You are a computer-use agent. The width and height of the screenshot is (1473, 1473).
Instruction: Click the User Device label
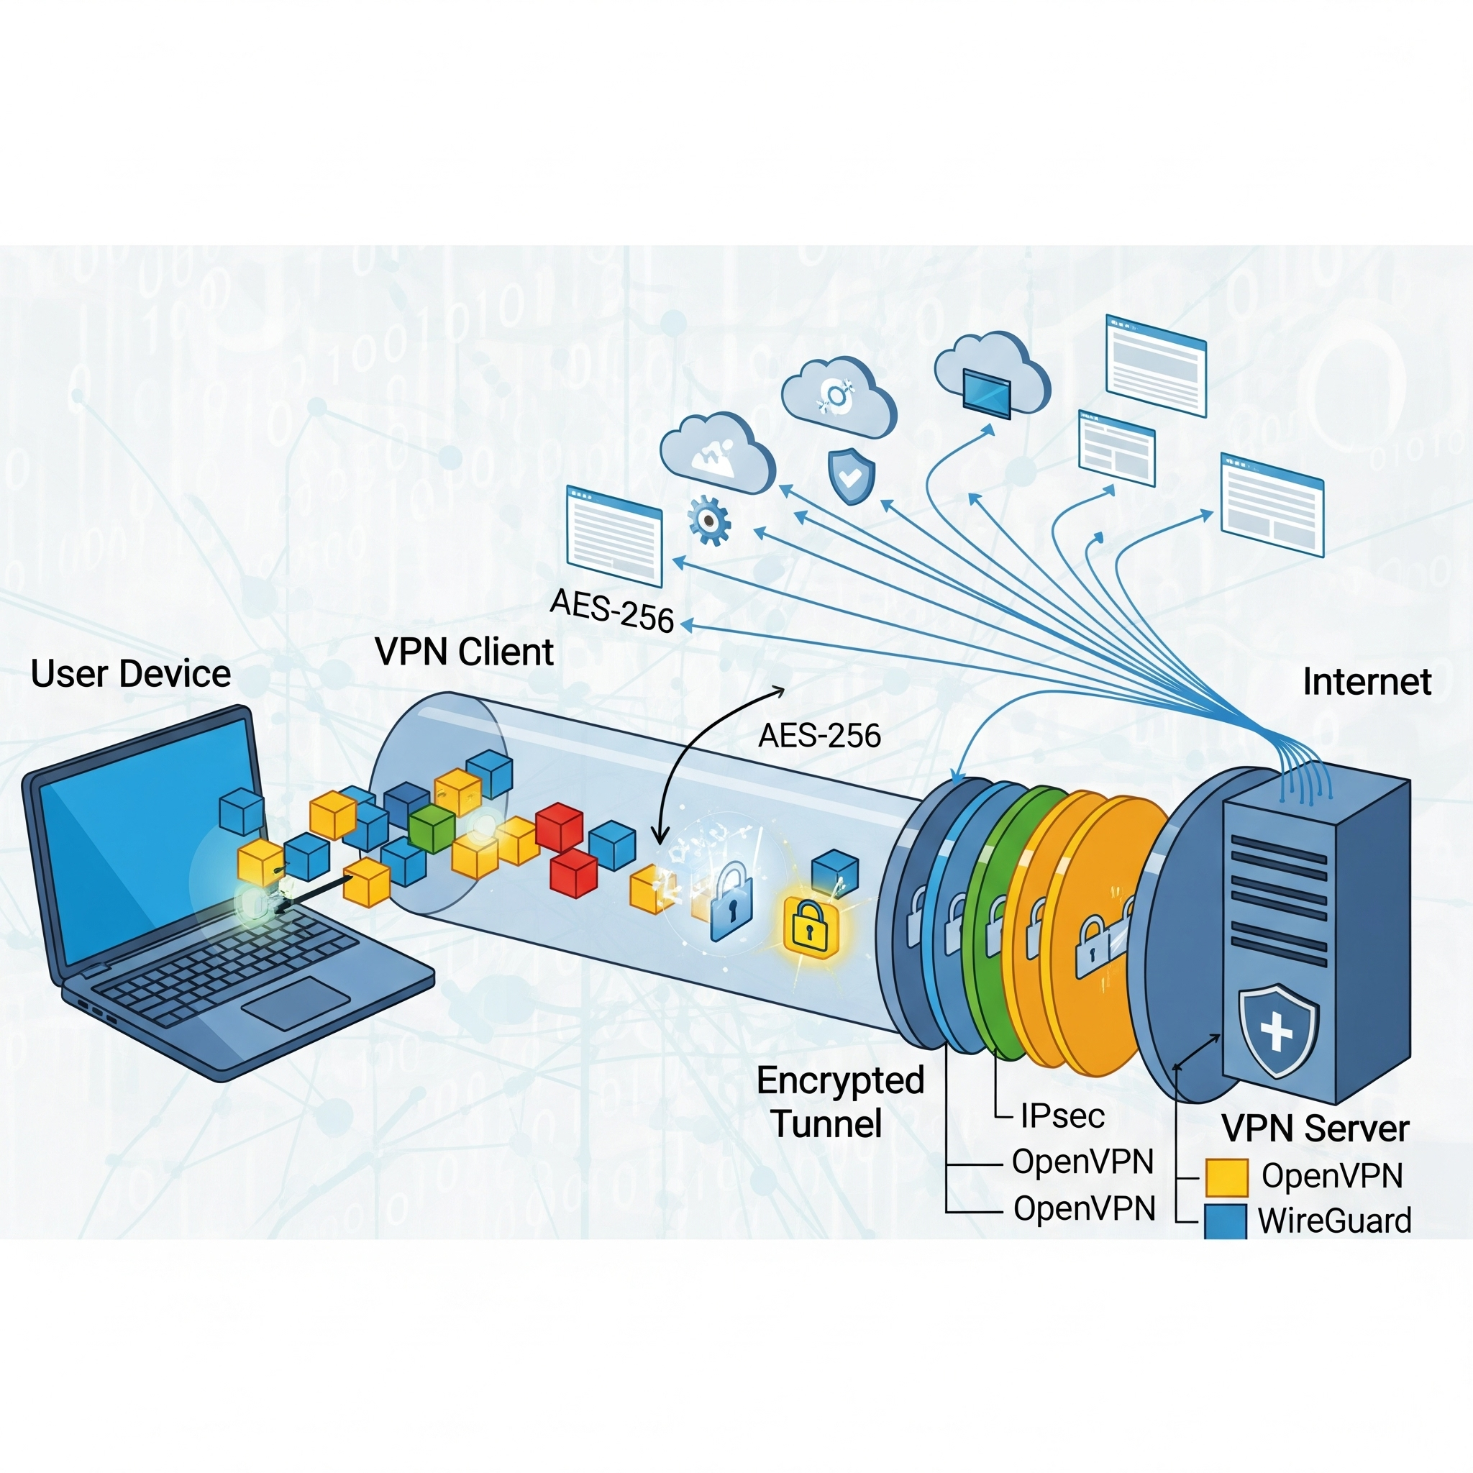coord(130,674)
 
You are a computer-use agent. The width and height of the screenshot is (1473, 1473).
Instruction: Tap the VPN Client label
coord(464,652)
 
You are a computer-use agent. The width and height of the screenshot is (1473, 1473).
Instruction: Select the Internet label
coord(1367,682)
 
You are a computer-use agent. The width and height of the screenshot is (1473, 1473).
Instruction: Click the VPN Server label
coord(1315,1128)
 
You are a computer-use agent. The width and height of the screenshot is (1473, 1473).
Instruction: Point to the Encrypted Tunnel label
coord(839,1103)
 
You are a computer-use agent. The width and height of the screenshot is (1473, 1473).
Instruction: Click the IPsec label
coord(1062,1116)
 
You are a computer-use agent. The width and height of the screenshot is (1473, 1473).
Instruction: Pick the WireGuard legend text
coord(1334,1221)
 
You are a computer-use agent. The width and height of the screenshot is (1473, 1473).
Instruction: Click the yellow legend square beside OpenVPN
coord(1226,1177)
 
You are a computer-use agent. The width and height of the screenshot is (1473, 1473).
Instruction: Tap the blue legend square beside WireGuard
coord(1225,1221)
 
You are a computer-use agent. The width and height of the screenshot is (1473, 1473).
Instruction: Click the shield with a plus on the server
coord(1278,1031)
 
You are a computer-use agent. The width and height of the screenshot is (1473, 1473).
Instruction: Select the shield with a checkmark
coord(851,475)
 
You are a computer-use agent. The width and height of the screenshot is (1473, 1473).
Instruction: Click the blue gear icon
coord(709,521)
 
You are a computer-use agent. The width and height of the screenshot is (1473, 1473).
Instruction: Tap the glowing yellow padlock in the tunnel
coord(811,926)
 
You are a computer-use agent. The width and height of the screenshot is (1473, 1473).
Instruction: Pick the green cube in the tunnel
coord(432,829)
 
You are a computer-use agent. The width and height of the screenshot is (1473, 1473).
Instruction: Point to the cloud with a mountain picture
coord(716,453)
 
